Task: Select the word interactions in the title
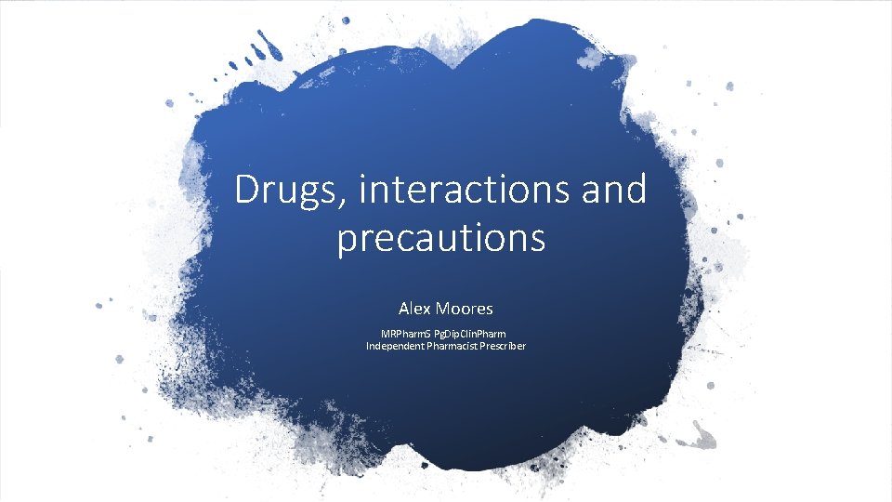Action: pos(459,191)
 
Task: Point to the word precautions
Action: pos(440,238)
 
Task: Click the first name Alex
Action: pos(414,308)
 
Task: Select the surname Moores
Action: pos(464,308)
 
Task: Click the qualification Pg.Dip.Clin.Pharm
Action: pos(472,333)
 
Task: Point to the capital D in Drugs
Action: pos(246,191)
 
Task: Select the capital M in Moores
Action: pos(442,308)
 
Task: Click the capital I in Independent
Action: pos(368,346)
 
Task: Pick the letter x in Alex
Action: pos(426,309)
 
